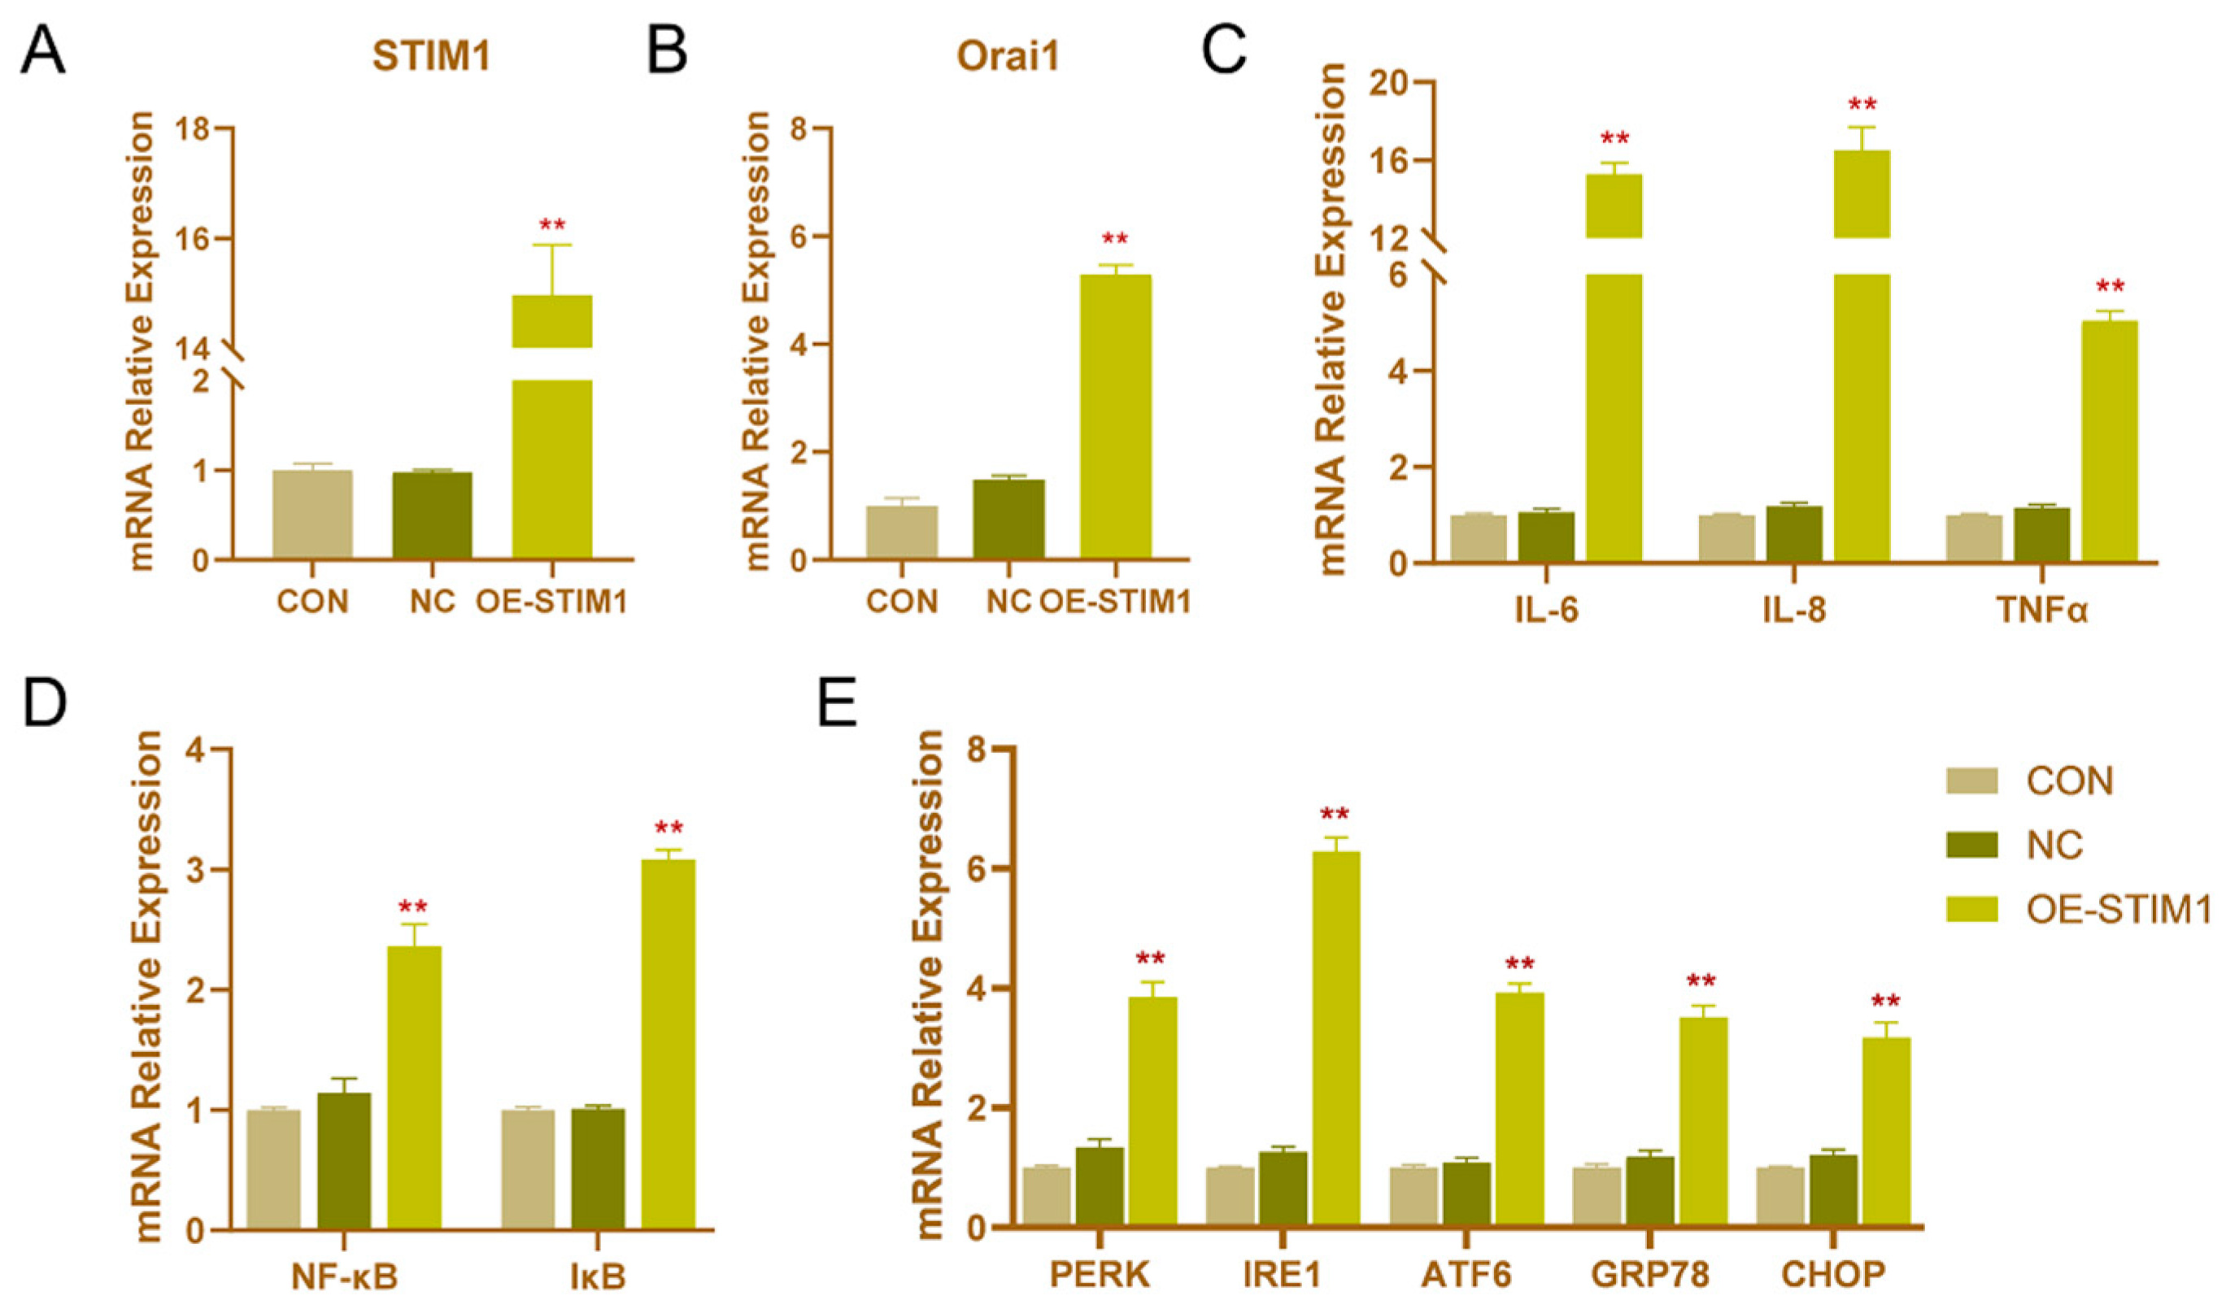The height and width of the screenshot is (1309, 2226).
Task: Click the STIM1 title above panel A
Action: point(431,57)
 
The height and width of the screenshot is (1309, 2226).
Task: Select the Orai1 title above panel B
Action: point(1007,57)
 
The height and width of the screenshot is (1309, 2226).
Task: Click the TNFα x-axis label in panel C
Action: point(2041,611)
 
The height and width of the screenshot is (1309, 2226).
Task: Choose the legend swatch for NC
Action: point(1971,846)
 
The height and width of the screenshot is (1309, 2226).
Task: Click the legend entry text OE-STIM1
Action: point(2116,909)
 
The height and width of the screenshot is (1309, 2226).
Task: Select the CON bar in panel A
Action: point(312,514)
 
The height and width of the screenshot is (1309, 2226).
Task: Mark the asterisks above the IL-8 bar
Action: point(1862,105)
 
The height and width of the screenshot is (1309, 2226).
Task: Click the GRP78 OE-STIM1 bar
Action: point(1702,1122)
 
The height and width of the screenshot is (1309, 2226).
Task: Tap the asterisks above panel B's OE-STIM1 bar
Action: point(1115,239)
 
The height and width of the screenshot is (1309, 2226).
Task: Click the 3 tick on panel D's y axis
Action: point(198,870)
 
